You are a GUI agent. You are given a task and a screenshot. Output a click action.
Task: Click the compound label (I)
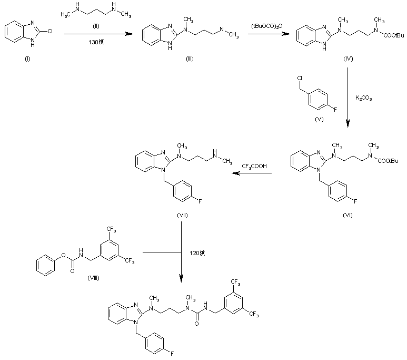[x=27, y=59]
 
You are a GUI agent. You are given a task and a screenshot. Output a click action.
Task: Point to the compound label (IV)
[x=349, y=59]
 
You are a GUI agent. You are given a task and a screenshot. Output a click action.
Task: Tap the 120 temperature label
[x=196, y=253]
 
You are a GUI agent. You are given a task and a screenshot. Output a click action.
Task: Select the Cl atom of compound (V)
[x=300, y=79]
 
